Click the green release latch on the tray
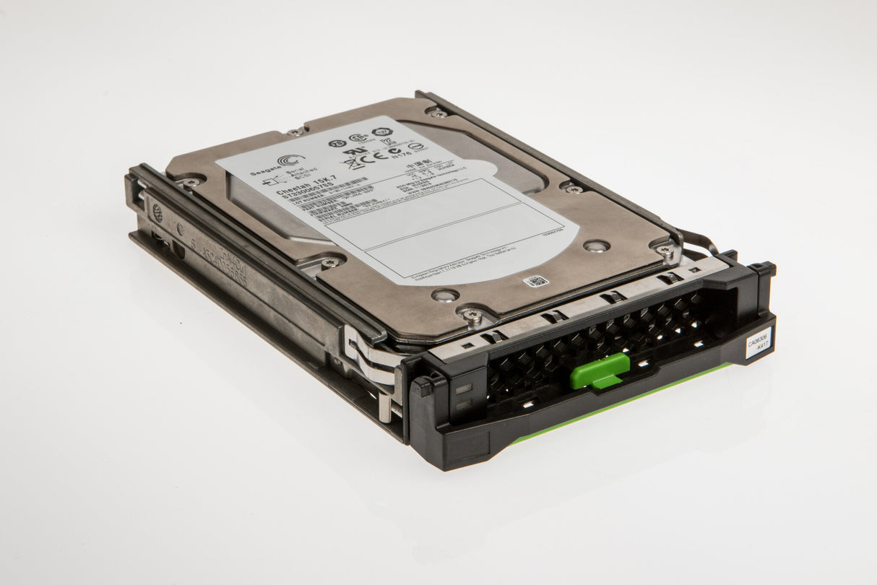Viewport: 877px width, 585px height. (x=599, y=371)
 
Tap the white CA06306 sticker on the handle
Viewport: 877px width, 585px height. (x=758, y=342)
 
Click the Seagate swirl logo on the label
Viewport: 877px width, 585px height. (x=290, y=161)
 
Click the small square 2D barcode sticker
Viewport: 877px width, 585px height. (x=535, y=282)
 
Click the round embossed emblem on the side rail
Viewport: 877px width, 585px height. (x=157, y=212)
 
